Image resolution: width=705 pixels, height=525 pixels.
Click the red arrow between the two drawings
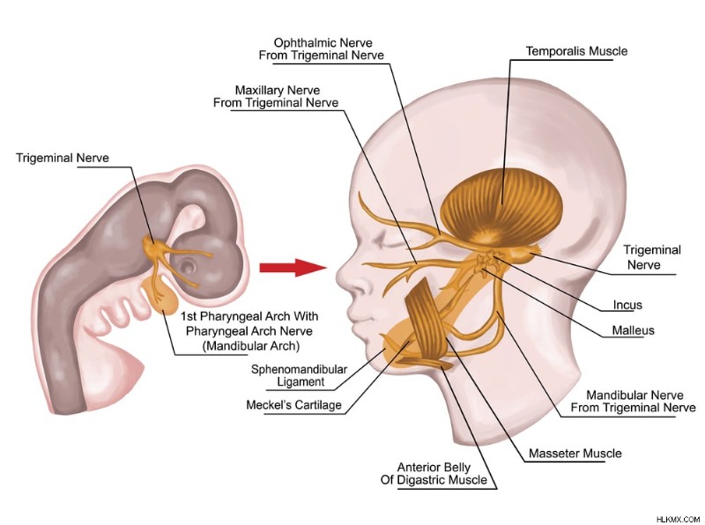pyautogui.click(x=293, y=268)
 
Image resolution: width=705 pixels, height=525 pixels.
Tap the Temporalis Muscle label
pyautogui.click(x=576, y=51)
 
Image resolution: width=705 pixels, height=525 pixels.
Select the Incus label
pyautogui.click(x=627, y=305)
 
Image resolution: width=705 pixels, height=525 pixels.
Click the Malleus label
pyautogui.click(x=633, y=330)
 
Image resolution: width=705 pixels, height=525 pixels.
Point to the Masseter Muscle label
pyautogui.click(x=575, y=453)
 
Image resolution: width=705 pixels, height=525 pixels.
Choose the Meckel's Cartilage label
pyautogui.click(x=293, y=405)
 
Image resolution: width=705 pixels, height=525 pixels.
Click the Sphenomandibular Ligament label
pyautogui.click(x=300, y=375)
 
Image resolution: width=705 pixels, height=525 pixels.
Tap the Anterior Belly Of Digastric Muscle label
pyautogui.click(x=434, y=473)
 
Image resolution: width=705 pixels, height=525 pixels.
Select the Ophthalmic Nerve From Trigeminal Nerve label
pyautogui.click(x=322, y=49)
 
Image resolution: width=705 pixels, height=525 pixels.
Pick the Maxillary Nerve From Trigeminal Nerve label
pyautogui.click(x=276, y=96)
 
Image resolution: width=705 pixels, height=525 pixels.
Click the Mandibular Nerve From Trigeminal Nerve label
pyautogui.click(x=633, y=402)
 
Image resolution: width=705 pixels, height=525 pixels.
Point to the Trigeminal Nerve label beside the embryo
pyautogui.click(x=63, y=158)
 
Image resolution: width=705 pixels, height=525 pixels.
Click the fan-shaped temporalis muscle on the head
pyautogui.click(x=501, y=206)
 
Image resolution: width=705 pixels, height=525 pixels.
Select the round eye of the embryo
pyautogui.click(x=188, y=267)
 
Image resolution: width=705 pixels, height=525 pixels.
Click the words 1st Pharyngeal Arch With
pyautogui.click(x=249, y=316)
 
